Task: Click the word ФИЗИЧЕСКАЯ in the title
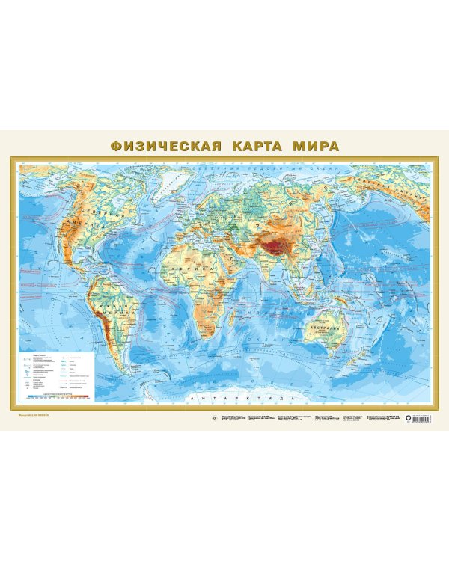(166, 144)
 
